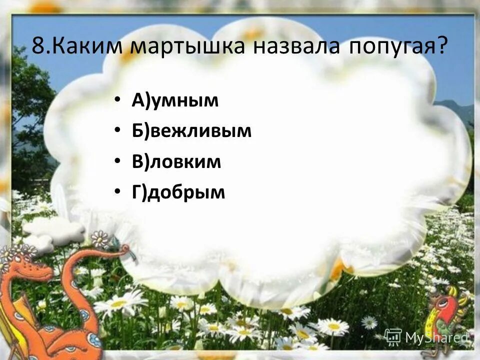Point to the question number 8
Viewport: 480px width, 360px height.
[x=37, y=46]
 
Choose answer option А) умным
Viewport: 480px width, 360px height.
[x=175, y=100]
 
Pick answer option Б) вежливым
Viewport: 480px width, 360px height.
[x=191, y=131]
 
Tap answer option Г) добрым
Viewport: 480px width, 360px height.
[x=178, y=192]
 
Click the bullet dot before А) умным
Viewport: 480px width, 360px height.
[x=117, y=99]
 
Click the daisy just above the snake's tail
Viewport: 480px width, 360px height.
[x=100, y=238]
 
